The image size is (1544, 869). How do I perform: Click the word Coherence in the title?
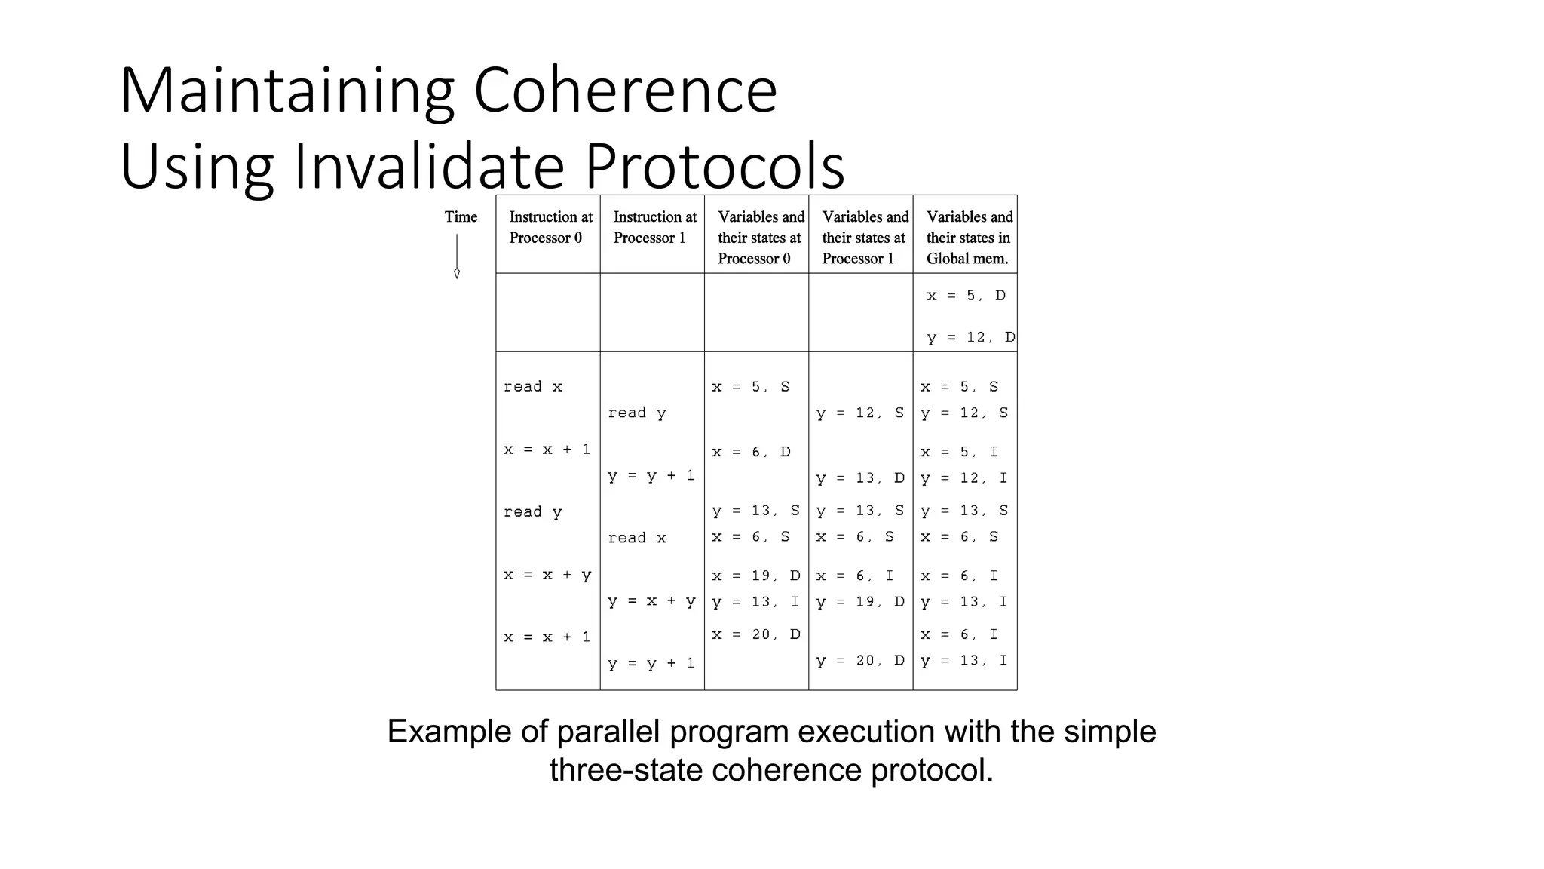point(625,91)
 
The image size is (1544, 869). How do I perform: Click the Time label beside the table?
point(461,217)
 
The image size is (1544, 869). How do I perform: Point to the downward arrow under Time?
point(457,257)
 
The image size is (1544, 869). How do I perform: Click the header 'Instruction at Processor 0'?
point(550,227)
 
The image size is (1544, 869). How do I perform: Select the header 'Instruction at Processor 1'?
point(654,227)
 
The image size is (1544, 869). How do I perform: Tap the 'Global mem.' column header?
point(968,238)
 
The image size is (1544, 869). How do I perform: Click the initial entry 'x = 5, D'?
point(966,296)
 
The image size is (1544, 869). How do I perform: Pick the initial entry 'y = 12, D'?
point(970,337)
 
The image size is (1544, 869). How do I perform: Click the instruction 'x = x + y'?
point(547,575)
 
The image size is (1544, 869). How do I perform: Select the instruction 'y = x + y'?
point(651,601)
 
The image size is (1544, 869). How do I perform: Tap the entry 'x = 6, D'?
point(751,452)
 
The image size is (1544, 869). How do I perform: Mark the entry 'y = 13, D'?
point(860,478)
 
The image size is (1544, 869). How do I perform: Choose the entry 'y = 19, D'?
point(860,602)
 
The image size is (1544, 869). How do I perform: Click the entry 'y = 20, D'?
point(860,661)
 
